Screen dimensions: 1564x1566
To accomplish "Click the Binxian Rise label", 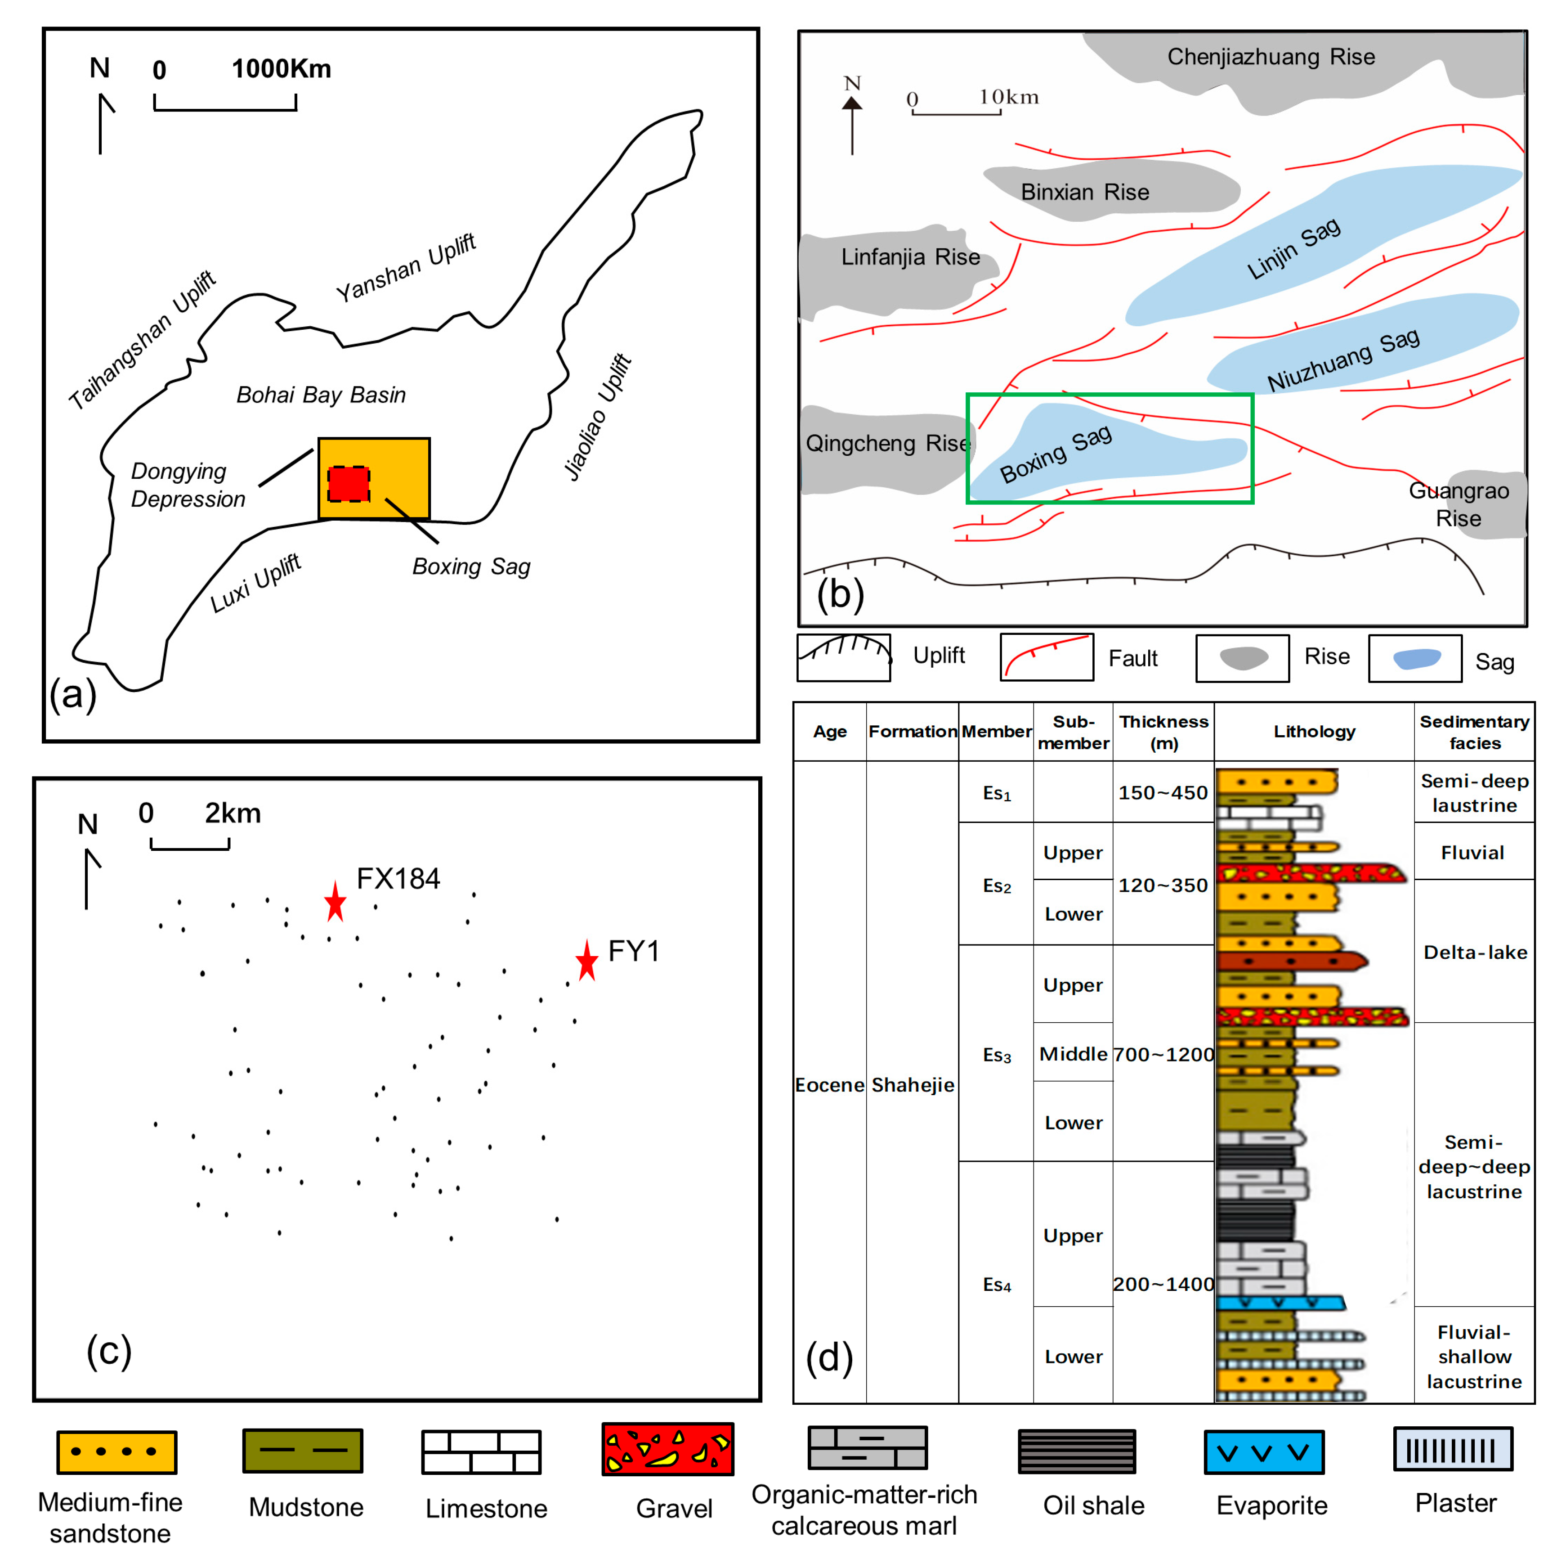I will tap(1084, 192).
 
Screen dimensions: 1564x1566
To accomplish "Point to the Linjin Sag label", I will tap(1293, 248).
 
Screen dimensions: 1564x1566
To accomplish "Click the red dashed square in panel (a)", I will tap(349, 484).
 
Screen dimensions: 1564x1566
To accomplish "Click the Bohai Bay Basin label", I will tap(321, 395).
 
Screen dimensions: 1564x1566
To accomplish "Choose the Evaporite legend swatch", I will tap(1264, 1452).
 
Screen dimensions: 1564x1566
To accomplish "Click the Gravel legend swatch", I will tap(667, 1449).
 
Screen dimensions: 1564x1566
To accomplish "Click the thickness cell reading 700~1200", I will tap(1163, 1054).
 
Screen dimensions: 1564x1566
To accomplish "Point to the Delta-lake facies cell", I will tap(1474, 952).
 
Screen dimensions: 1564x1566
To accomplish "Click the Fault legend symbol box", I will tap(1047, 657).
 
